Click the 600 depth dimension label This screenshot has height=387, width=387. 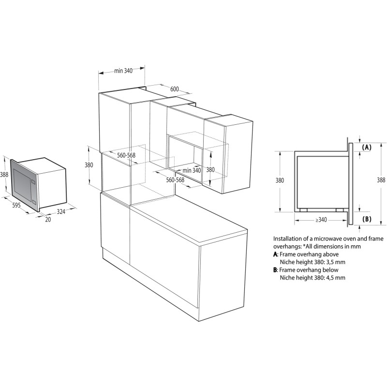(175, 89)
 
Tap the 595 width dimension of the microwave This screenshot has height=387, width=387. (16, 205)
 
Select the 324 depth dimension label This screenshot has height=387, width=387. (61, 211)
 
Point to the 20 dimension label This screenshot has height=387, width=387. (48, 220)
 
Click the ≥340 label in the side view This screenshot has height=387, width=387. (321, 220)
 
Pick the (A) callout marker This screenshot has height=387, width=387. (367, 148)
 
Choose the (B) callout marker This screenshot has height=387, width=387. (367, 219)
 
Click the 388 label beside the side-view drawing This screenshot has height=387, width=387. (381, 180)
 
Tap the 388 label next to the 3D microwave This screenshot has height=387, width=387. (4, 175)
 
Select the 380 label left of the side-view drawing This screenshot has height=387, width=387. (280, 180)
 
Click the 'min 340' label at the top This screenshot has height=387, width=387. (123, 71)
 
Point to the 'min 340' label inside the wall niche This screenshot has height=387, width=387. (192, 170)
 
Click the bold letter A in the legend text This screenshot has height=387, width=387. (275, 254)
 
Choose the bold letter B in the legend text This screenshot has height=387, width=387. (275, 270)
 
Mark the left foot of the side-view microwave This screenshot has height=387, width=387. (303, 210)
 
